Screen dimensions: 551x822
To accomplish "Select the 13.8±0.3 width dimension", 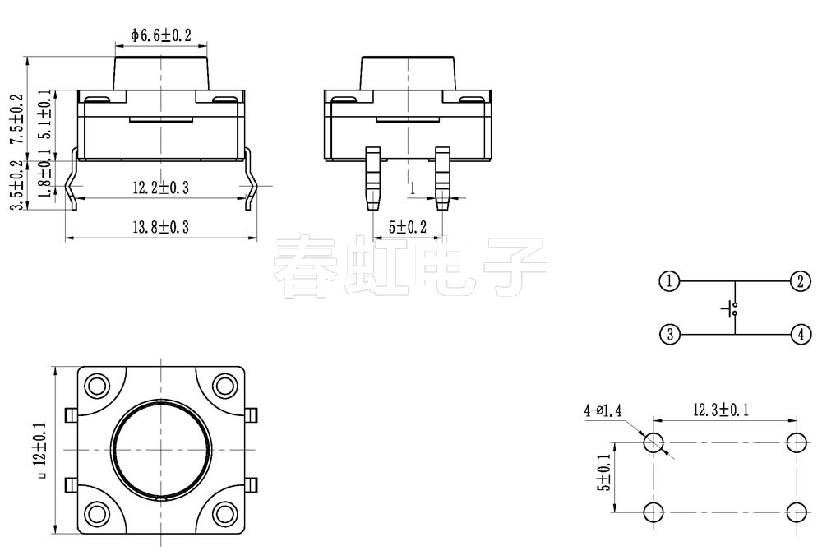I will (160, 227).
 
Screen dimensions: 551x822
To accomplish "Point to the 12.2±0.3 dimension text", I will (160, 188).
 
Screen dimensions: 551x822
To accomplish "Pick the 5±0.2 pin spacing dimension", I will (407, 226).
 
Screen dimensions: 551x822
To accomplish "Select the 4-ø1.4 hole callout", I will (603, 410).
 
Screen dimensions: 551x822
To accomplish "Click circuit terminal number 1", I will (669, 281).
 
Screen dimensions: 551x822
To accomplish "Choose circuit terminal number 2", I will (800, 281).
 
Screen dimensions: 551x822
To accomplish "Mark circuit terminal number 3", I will (669, 335).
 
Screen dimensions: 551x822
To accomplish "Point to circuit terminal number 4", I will (800, 335).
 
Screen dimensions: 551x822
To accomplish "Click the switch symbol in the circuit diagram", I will (732, 309).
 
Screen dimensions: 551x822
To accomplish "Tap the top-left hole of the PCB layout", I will (653, 442).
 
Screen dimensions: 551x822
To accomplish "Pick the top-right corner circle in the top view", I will (224, 386).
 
